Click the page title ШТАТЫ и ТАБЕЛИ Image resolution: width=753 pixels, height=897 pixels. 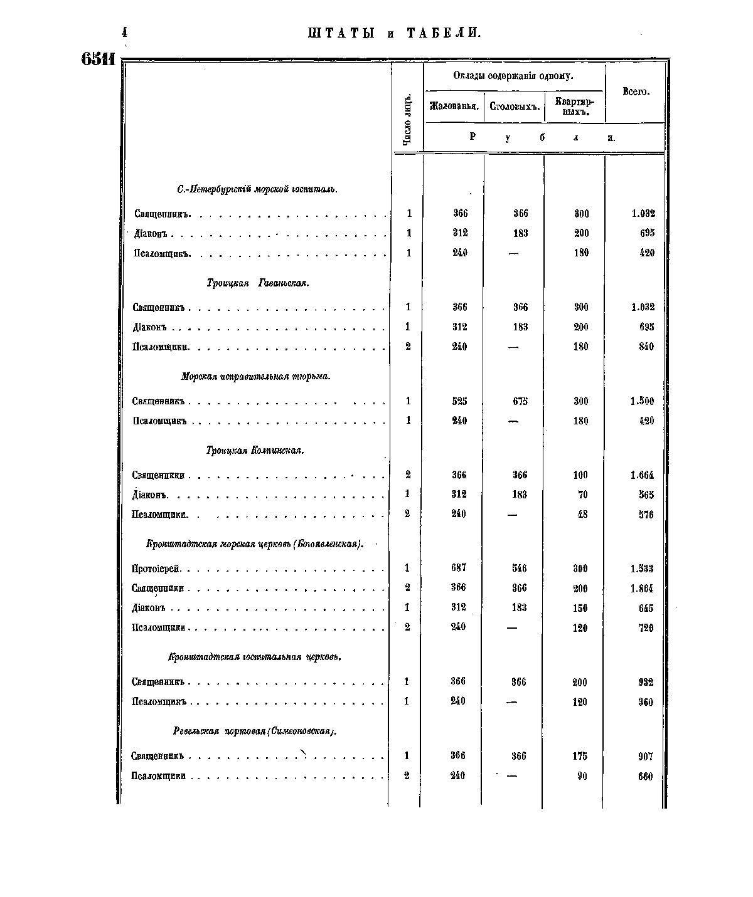[x=394, y=33]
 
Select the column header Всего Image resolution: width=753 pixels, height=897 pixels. [x=635, y=92]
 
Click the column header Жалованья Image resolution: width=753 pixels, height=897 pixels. [x=454, y=106]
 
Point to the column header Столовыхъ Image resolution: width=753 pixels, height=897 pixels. [x=514, y=107]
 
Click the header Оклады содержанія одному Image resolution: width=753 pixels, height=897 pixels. [x=513, y=76]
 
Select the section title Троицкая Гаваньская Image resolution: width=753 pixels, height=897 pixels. [x=257, y=283]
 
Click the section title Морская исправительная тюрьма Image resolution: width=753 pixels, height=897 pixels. [x=255, y=377]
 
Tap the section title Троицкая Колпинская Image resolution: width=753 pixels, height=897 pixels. [x=255, y=450]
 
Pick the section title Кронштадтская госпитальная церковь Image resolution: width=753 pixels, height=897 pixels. [x=254, y=657]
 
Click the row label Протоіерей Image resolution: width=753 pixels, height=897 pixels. [x=156, y=569]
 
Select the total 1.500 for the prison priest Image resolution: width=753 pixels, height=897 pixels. [x=642, y=401]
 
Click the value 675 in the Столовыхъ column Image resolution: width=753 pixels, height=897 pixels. [x=520, y=401]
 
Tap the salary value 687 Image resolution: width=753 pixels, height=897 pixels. [x=458, y=568]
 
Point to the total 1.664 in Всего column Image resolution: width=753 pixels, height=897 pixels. [x=642, y=475]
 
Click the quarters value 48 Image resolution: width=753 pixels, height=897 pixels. [x=582, y=515]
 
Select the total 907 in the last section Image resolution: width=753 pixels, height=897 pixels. [x=645, y=757]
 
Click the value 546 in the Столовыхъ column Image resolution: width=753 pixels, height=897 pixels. [x=519, y=569]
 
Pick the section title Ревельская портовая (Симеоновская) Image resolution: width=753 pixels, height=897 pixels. [x=254, y=731]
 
